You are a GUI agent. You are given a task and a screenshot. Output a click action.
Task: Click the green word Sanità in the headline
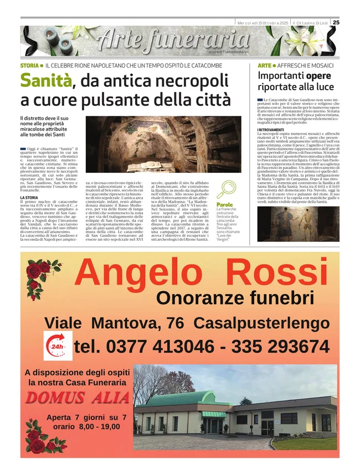(46, 81)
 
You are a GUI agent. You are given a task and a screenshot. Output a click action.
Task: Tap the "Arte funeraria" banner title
(172, 40)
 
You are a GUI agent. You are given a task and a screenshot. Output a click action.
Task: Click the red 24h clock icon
(57, 347)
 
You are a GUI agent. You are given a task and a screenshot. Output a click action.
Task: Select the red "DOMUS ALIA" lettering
(78, 397)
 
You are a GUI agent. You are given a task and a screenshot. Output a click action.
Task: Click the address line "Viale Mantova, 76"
(115, 323)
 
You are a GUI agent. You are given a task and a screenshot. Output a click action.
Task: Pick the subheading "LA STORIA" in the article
(29, 197)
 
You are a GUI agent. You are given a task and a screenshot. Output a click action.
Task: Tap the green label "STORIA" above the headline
(29, 66)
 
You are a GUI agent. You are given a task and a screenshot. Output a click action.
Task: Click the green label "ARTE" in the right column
(265, 66)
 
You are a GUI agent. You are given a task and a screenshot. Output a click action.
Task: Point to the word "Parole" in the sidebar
(225, 204)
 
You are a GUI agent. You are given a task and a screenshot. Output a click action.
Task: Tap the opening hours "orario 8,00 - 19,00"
(86, 427)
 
